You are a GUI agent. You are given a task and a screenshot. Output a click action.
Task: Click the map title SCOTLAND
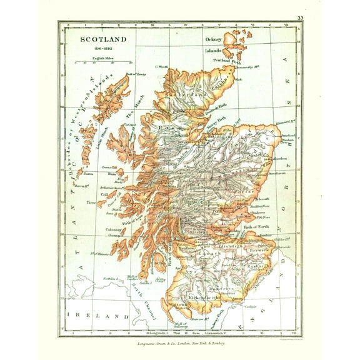pyautogui.click(x=102, y=39)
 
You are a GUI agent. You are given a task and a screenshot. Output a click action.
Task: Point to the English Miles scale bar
pyautogui.click(x=102, y=62)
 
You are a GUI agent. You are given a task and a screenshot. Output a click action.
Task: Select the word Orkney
pyautogui.click(x=214, y=39)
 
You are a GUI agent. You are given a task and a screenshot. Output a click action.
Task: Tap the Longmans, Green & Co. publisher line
pyautogui.click(x=181, y=342)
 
